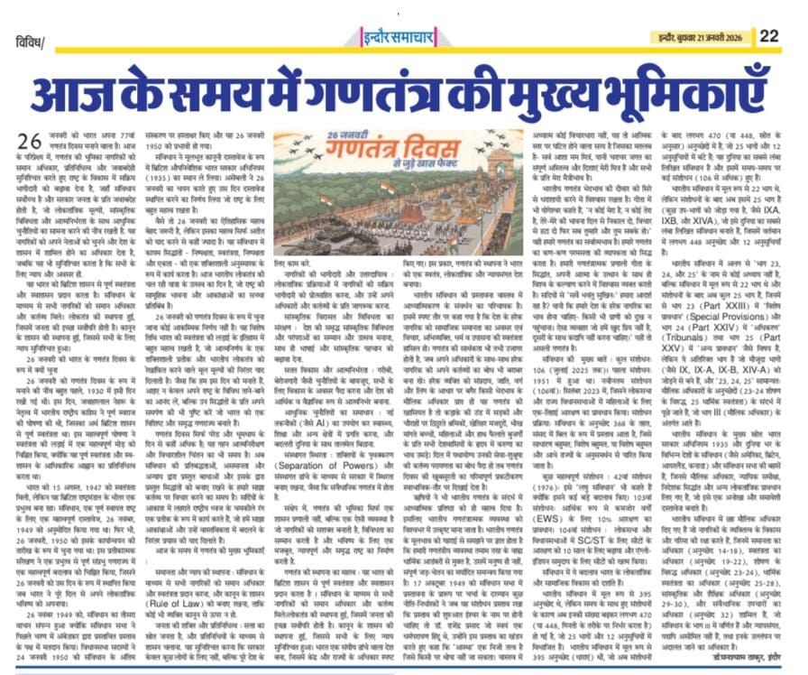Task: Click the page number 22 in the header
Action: pyautogui.click(x=769, y=35)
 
